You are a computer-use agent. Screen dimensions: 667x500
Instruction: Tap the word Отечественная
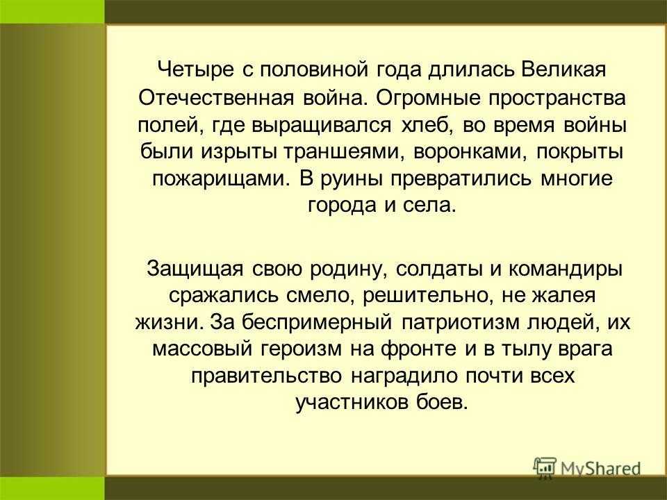click(217, 97)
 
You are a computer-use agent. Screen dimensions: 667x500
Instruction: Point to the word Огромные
click(428, 97)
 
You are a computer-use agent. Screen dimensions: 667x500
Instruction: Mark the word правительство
click(267, 376)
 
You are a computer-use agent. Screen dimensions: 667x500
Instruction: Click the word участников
click(352, 403)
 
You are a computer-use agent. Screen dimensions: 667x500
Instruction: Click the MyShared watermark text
click(600, 469)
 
